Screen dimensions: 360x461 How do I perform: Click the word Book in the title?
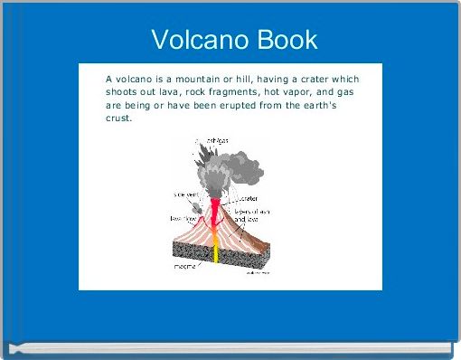(287, 40)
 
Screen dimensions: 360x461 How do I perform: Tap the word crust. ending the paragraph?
(118, 118)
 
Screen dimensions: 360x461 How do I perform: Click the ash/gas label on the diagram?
(215, 140)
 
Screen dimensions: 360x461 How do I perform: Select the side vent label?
(187, 194)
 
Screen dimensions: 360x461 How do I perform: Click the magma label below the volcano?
(187, 267)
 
